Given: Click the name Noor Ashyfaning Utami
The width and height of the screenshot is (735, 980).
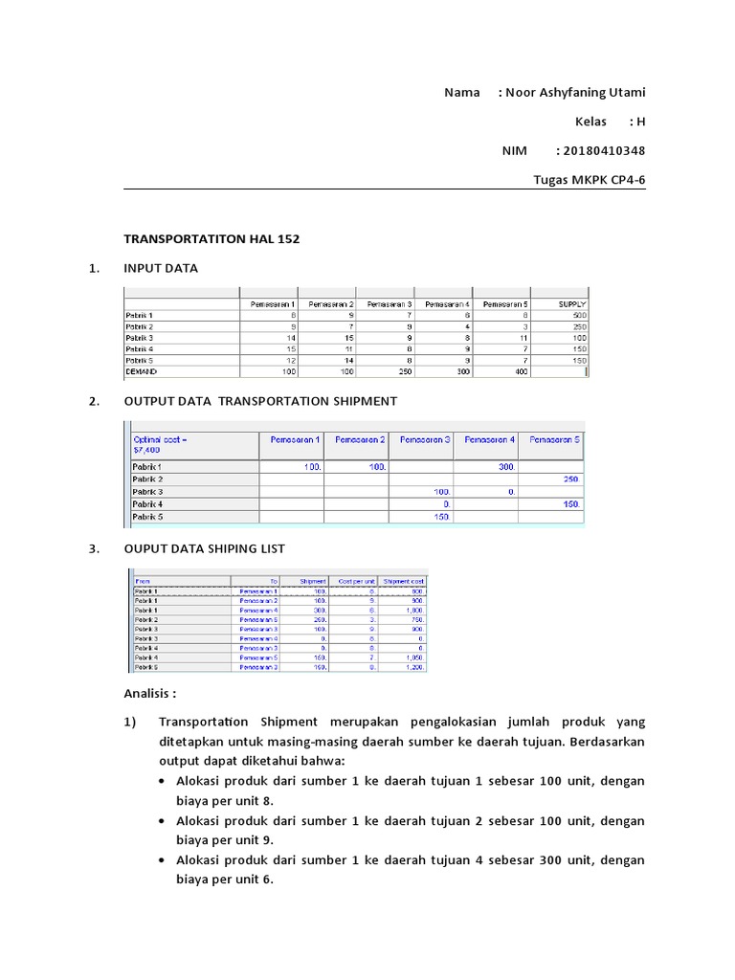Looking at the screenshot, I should click(575, 93).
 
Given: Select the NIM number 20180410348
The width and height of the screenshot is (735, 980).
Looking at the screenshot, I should click(604, 150).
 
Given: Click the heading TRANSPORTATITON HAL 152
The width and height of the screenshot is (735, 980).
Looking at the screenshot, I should click(212, 238).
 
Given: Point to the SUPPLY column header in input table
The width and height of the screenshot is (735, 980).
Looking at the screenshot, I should click(572, 303).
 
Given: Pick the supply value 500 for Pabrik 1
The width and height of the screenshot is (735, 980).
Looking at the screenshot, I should click(579, 315).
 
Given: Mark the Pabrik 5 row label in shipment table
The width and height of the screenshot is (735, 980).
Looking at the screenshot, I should click(147, 516).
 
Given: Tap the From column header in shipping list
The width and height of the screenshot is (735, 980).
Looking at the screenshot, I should click(144, 581).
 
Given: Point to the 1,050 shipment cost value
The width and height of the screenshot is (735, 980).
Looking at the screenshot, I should click(413, 658).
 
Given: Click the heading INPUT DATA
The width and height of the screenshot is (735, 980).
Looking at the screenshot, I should click(160, 268).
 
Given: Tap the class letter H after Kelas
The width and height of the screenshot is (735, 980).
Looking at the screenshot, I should click(641, 122).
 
